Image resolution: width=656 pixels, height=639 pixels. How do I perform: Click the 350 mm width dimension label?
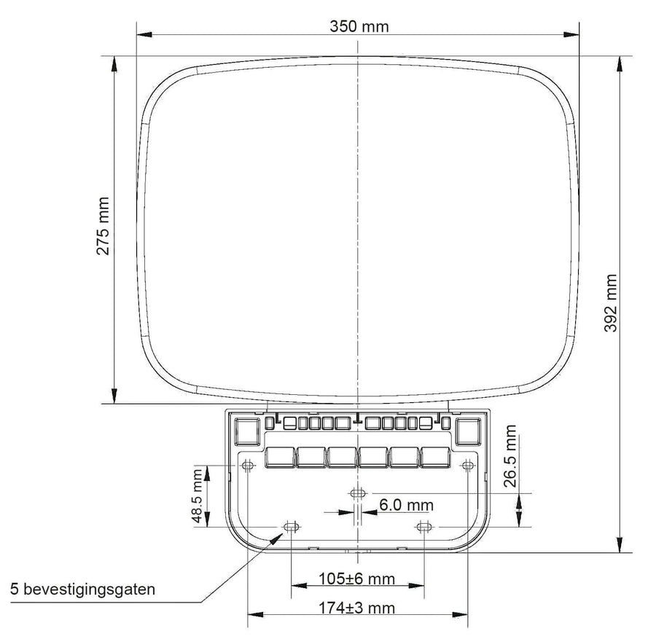pyautogui.click(x=359, y=26)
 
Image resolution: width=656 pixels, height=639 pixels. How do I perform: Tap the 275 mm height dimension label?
pyautogui.click(x=103, y=226)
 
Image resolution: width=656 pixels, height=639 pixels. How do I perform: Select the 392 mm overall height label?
pyautogui.click(x=611, y=303)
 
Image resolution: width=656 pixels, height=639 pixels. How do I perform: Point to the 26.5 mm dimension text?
pyautogui.click(x=510, y=456)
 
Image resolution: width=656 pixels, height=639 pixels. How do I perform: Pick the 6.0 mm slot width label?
pyautogui.click(x=406, y=505)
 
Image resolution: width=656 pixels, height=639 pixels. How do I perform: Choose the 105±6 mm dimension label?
pyautogui.click(x=357, y=579)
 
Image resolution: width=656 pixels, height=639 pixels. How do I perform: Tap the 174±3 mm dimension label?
pyautogui.click(x=357, y=608)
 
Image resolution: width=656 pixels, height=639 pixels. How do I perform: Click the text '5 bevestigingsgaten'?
pyautogui.click(x=82, y=589)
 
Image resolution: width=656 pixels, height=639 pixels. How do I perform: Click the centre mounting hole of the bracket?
pyautogui.click(x=357, y=493)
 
